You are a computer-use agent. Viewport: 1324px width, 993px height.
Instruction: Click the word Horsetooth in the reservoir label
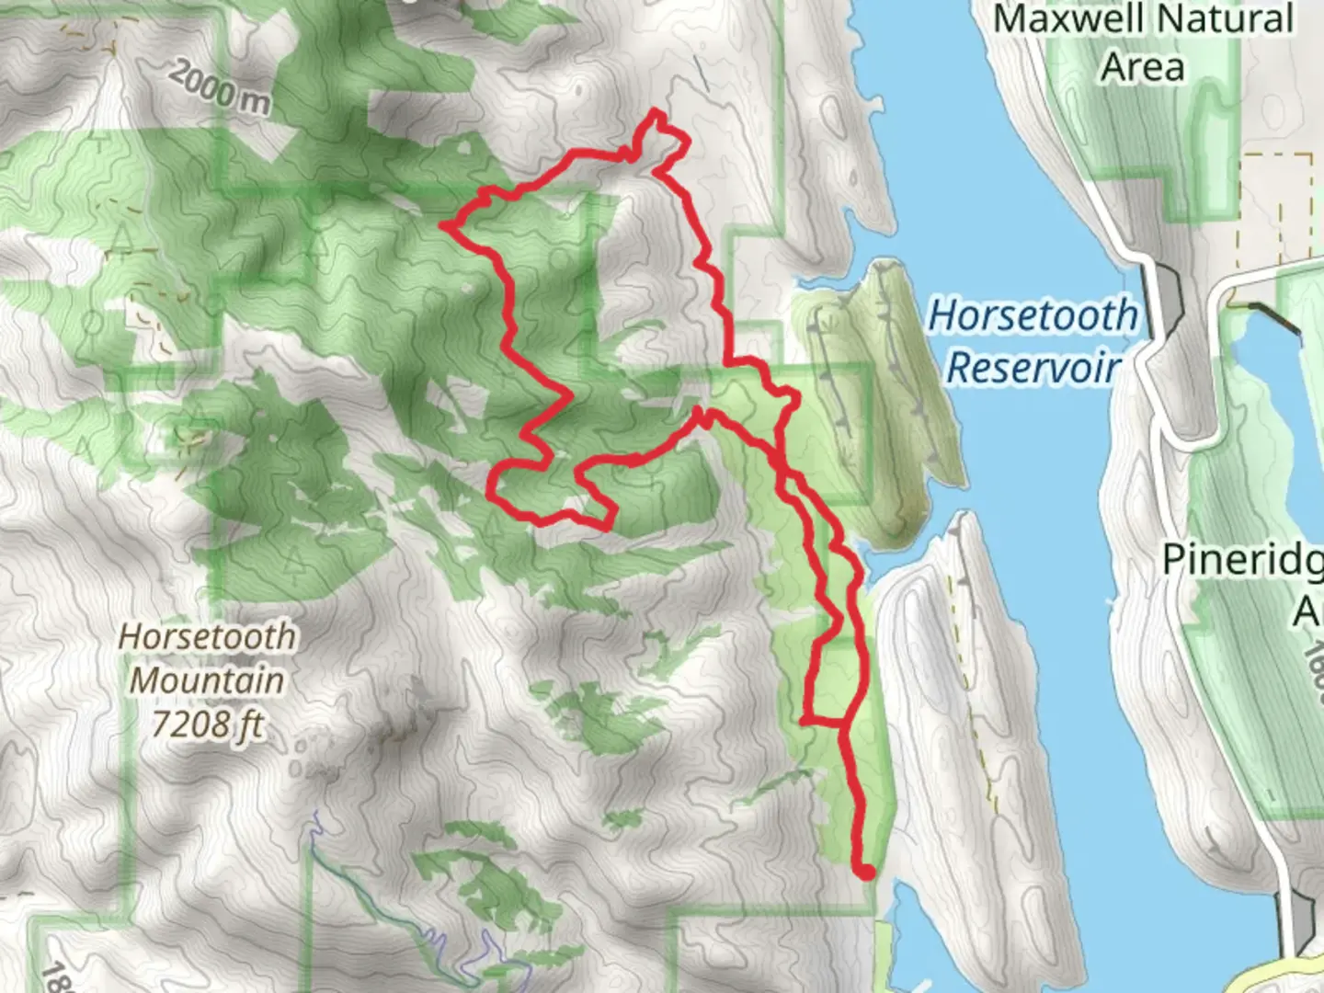pos(1032,315)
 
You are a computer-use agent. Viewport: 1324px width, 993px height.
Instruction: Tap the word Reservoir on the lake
pos(1033,367)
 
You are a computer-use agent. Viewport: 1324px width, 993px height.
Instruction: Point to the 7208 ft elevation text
pos(207,725)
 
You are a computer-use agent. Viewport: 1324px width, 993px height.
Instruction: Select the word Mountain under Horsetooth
pos(207,680)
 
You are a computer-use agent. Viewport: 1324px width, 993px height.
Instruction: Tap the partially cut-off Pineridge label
pos(1241,559)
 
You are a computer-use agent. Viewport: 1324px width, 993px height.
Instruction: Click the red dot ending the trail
pos(865,872)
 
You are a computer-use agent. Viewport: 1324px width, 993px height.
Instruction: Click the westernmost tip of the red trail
pos(446,223)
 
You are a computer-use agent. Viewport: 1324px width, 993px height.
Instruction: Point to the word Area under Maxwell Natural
pos(1143,67)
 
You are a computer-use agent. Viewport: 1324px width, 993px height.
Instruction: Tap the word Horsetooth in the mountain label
pos(207,636)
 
